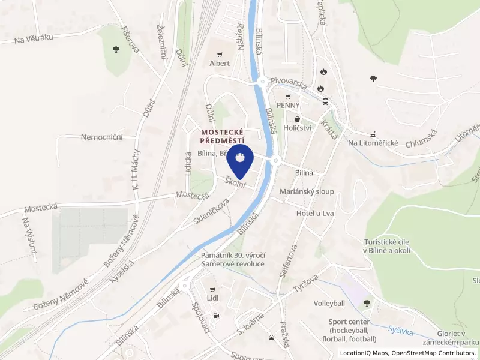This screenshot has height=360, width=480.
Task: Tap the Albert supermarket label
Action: (220, 63)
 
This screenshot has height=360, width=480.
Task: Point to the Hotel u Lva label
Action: (315, 213)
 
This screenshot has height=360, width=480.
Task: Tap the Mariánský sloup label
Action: (307, 192)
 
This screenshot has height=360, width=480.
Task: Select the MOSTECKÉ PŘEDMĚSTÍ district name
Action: (223, 135)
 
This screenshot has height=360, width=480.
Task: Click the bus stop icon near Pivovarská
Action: (325, 101)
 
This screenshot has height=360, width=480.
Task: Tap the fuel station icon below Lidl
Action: (216, 316)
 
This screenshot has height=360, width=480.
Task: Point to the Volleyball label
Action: (329, 304)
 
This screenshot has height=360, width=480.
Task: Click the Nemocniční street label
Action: (102, 137)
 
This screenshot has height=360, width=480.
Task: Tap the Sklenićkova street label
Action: (212, 212)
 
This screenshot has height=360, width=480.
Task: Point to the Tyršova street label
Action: (306, 284)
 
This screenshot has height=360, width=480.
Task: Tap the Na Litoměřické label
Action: (374, 143)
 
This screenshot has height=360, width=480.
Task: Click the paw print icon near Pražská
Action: (272, 337)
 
